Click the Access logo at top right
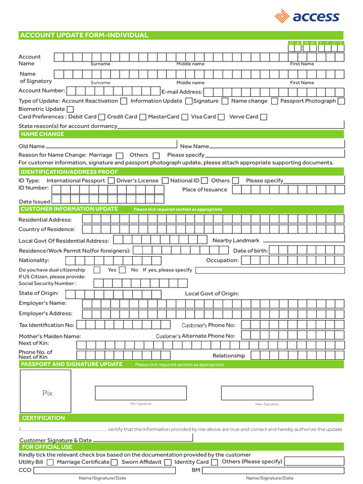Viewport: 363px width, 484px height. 307,17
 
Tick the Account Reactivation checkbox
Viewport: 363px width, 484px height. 124,101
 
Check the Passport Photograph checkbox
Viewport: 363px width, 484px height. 341,101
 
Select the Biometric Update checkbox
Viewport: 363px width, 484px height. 70,109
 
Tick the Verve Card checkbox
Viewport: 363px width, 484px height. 264,117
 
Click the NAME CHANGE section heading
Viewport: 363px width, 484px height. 43,134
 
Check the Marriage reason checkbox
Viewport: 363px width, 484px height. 120,156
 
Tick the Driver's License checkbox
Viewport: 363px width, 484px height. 165,181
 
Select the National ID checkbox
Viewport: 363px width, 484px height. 204,181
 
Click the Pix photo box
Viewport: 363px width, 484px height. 45,391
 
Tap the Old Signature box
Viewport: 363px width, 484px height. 141,393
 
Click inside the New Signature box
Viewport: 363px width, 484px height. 267,393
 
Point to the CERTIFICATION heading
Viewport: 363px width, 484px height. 43,418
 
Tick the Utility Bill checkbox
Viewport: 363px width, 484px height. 50,462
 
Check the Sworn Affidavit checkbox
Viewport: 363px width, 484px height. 168,462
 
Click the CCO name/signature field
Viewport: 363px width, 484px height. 103,471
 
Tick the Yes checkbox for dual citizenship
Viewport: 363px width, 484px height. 97,270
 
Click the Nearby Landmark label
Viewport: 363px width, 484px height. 236,241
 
